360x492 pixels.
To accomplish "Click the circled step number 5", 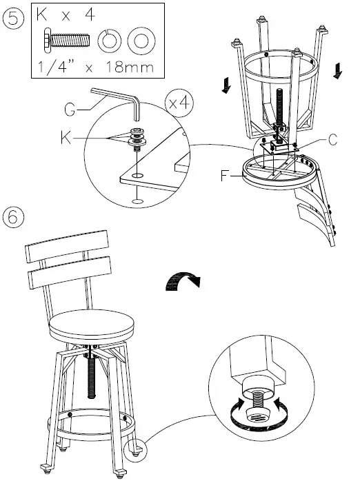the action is pos(13,18).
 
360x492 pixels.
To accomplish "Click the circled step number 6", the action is pos(13,216).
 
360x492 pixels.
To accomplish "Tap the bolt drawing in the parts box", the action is pos(66,40).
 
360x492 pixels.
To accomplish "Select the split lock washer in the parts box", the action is pos(110,41).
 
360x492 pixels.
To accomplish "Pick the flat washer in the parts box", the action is pos(141,41).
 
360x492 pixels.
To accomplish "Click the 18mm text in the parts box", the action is pos(130,67).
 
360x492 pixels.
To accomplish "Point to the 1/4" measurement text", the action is pos(57,67).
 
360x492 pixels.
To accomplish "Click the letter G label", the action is pos(69,110).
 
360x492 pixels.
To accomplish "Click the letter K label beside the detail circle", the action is pos(66,137).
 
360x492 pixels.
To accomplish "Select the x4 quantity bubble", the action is pos(179,103).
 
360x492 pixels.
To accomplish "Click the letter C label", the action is pos(332,140).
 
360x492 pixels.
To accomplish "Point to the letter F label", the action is pos(224,176).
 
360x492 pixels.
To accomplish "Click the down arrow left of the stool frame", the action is pos(226,85).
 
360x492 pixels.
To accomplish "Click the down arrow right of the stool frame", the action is pos(338,70).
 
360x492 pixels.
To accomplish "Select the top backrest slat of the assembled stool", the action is pos(67,246).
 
